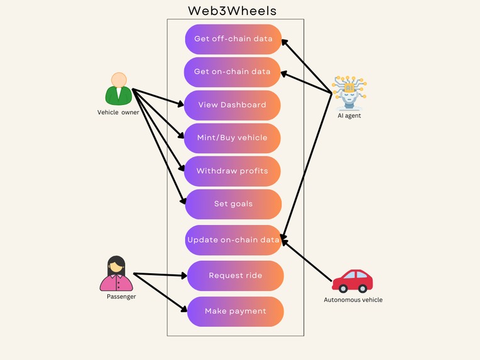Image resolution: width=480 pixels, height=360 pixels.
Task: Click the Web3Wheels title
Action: [x=232, y=11]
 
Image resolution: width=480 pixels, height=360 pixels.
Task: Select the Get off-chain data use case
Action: [x=233, y=39]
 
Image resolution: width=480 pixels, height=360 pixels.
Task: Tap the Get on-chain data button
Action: [x=232, y=72]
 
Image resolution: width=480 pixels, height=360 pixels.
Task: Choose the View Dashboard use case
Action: [x=232, y=105]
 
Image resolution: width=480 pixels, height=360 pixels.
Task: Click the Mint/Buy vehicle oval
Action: [x=232, y=138]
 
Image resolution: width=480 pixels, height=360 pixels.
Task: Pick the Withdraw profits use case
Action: [x=232, y=172]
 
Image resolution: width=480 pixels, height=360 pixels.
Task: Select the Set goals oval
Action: [x=233, y=204]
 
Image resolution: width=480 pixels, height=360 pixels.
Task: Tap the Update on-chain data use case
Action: [x=233, y=240]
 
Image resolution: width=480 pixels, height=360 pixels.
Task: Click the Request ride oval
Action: [x=235, y=276]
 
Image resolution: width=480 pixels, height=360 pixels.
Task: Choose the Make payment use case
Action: [x=235, y=312]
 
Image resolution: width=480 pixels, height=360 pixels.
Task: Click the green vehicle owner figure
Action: [x=119, y=89]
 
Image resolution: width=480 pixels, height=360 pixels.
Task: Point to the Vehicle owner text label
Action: [x=118, y=112]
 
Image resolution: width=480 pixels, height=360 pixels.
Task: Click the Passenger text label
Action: [x=121, y=297]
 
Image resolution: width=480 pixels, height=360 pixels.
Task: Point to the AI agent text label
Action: [x=349, y=116]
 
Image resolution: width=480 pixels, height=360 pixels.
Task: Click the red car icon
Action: [x=352, y=280]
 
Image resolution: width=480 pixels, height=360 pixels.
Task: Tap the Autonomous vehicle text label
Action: [x=352, y=300]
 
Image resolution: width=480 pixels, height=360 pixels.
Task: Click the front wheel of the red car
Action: [x=343, y=288]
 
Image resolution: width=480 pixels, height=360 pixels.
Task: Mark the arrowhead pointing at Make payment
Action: [x=184, y=309]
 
